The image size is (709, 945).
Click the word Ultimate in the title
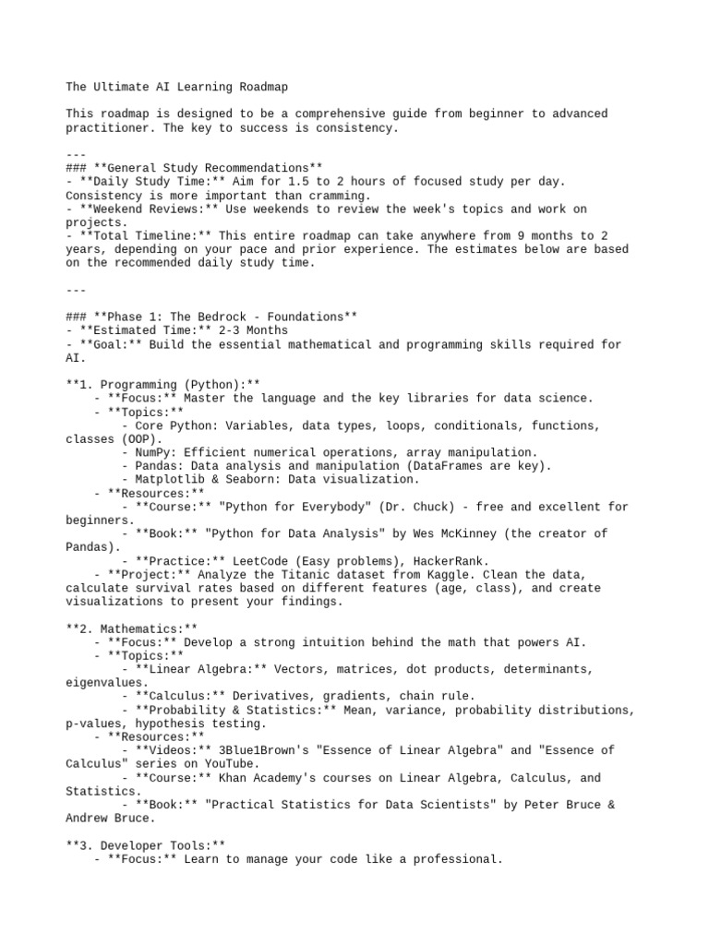[x=123, y=87]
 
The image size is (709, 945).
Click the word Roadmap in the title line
[x=261, y=87]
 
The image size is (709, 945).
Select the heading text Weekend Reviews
[x=136, y=209]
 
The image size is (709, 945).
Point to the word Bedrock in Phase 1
[x=228, y=317]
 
